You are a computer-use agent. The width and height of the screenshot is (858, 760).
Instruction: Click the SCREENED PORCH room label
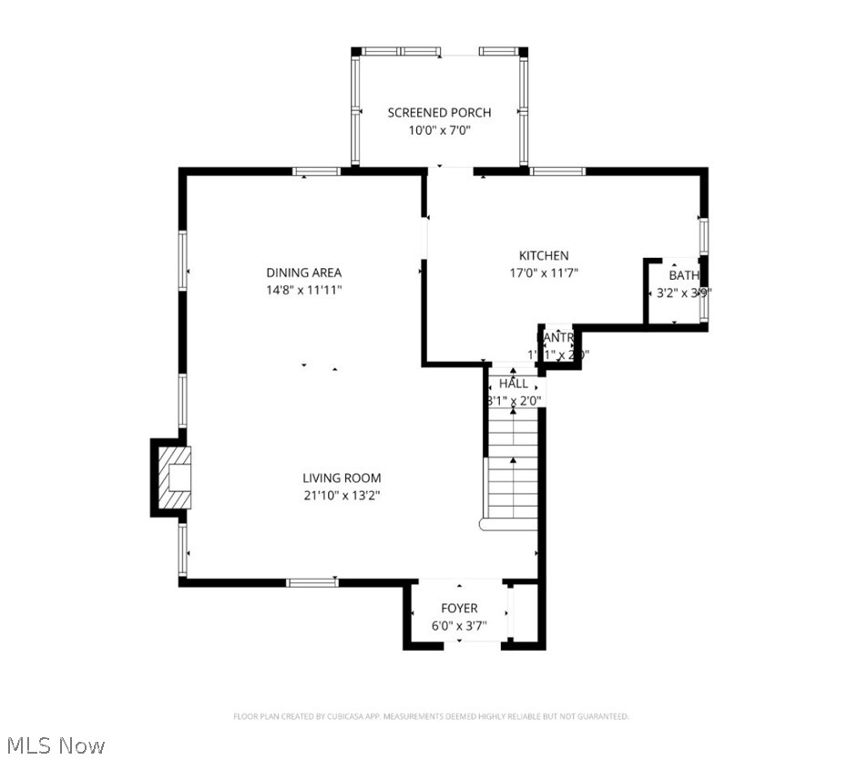(439, 112)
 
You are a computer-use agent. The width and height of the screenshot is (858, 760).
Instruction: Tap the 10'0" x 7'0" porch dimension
(439, 130)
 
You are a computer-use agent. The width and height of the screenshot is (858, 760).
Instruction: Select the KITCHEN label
(544, 255)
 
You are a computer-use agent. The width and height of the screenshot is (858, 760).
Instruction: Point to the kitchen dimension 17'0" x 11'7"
(544, 272)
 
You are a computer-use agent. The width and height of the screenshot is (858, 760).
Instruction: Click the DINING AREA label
(303, 272)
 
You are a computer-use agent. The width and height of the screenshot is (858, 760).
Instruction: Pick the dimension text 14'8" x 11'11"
(303, 290)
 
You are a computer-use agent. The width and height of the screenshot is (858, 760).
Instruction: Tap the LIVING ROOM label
(342, 478)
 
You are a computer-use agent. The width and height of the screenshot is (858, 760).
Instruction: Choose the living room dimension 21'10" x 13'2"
(342, 496)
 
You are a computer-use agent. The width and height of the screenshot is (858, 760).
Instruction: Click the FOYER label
(459, 608)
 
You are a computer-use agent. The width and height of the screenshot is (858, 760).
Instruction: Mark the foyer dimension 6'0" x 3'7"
(459, 626)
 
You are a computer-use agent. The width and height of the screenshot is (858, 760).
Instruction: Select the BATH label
(684, 275)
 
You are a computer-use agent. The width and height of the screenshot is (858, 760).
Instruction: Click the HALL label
(513, 384)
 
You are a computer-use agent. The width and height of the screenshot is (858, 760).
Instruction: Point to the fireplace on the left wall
(171, 478)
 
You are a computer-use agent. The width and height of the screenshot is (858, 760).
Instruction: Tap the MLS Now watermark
(53, 745)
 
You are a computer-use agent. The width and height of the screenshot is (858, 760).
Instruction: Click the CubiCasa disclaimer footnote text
(431, 717)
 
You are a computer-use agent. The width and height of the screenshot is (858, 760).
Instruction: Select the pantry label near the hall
(557, 337)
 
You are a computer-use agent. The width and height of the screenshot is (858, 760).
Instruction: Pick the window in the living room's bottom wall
(312, 582)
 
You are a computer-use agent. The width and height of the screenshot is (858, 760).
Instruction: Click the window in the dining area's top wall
(316, 170)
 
